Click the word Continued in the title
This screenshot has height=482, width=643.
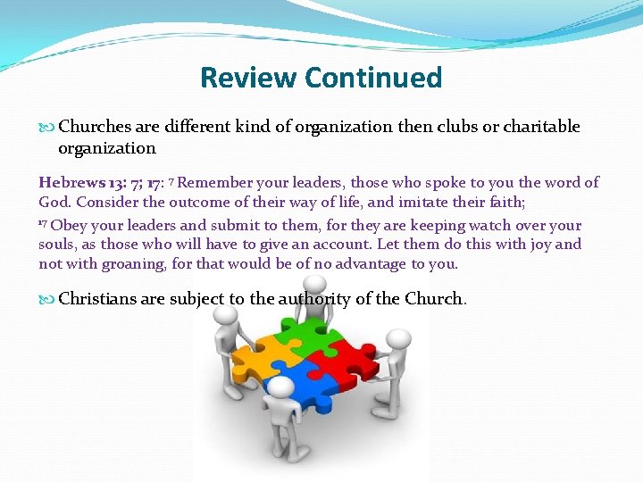(x=372, y=78)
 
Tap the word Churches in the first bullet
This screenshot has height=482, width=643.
(x=95, y=127)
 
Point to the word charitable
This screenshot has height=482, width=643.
(x=541, y=127)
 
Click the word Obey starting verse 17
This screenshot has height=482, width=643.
(x=68, y=225)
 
